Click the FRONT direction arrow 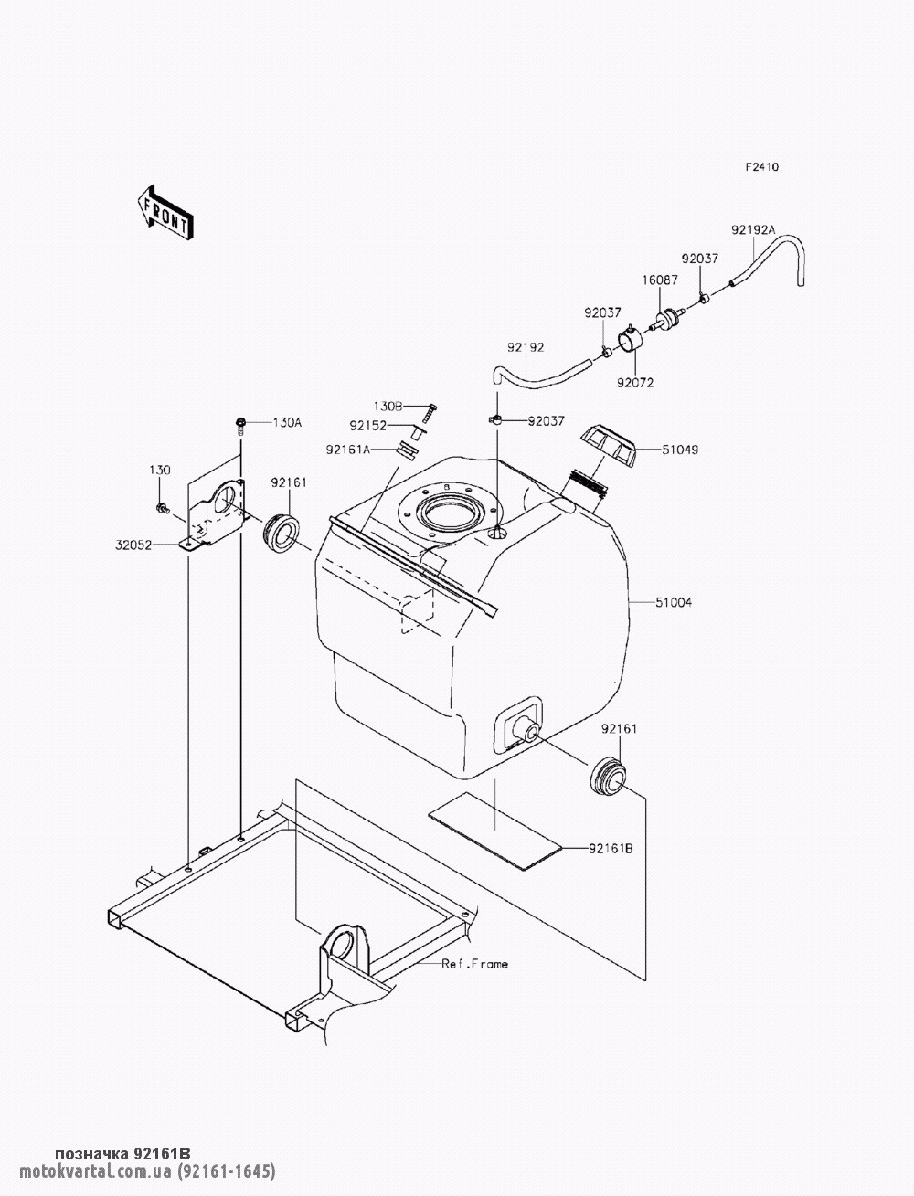coord(165,213)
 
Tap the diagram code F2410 coord(762,167)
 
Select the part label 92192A coord(752,230)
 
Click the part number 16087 coord(660,280)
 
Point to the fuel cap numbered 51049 coord(608,447)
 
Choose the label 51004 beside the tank coord(674,603)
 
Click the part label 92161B coord(611,849)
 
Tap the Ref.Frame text coord(474,965)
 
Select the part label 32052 coord(133,545)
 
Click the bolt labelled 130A coord(239,425)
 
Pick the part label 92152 coord(368,425)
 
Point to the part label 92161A coord(347,450)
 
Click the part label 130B coord(388,407)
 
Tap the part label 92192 coord(526,347)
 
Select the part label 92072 coord(635,383)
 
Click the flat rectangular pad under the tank coord(494,831)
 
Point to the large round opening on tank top coord(449,514)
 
